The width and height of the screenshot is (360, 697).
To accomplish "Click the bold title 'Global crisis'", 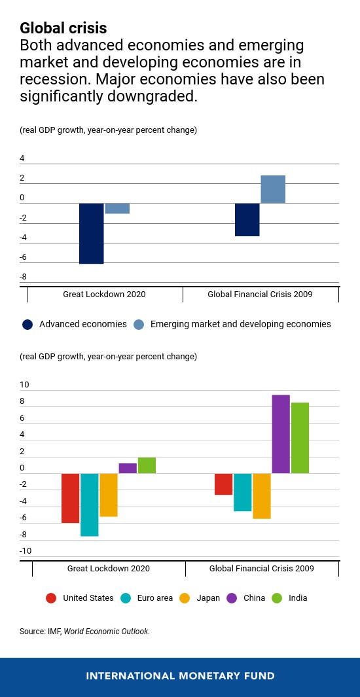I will [63, 28].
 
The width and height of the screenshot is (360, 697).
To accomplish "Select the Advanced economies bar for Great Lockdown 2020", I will [92, 233].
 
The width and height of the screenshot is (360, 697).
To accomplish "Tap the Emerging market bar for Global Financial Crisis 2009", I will [273, 189].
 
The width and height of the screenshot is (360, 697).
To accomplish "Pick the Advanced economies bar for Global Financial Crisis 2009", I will [247, 219].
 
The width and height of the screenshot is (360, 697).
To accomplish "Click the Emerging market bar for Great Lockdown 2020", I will [117, 208].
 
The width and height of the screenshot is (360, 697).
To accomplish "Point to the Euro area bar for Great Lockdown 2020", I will [90, 504].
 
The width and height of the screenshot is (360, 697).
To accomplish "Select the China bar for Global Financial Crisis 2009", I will [281, 434].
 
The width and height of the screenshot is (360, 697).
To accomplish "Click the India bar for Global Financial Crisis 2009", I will [300, 438].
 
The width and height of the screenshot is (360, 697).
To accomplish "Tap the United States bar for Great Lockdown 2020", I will [71, 497].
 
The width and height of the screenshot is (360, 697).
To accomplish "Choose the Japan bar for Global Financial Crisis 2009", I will [262, 495].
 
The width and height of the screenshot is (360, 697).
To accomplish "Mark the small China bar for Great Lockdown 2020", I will [128, 468].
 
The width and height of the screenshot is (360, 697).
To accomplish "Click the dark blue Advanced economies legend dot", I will [27, 324].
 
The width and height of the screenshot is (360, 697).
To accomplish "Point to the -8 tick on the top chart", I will [23, 277].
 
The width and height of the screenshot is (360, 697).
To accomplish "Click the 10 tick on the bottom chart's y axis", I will [24, 384].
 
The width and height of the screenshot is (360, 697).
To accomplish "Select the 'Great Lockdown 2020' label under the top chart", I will [104, 295].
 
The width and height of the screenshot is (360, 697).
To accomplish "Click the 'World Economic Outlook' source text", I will [107, 632].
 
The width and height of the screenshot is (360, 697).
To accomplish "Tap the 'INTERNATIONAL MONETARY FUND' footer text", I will [180, 676].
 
